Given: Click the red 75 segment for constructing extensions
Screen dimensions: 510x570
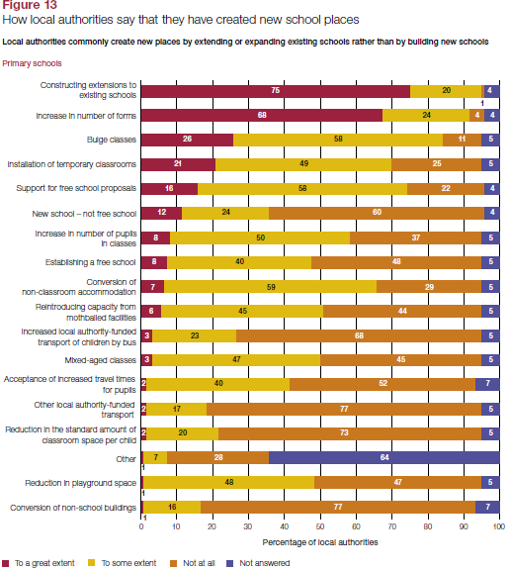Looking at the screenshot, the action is coord(276,91).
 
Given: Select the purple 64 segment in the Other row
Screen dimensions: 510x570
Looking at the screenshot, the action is coord(384,457).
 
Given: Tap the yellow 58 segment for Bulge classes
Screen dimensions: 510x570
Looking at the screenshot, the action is coord(338,140).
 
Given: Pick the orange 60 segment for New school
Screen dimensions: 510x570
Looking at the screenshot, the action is coord(377,213).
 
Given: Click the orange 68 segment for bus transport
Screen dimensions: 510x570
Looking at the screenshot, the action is coord(359,335).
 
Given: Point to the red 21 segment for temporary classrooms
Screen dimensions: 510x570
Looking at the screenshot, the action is coord(178,164).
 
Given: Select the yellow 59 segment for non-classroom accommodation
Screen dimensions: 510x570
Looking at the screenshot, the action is coord(271,287).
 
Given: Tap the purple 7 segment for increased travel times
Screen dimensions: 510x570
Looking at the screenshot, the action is coord(487,384).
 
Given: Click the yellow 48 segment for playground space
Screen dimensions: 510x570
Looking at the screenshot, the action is coord(228,482).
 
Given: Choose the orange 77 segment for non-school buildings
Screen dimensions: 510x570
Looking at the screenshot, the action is coord(338,507).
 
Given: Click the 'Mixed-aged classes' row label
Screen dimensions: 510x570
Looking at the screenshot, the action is coord(101,360).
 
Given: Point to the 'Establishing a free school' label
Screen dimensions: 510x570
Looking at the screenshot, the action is coord(90,262).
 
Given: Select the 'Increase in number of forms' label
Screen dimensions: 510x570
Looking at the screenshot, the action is coord(86,116).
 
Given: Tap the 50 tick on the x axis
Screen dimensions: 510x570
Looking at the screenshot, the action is coord(320,526).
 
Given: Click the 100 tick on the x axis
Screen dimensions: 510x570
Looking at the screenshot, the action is coord(499,526).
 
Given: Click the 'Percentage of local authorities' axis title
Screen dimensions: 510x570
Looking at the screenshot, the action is coord(320,542).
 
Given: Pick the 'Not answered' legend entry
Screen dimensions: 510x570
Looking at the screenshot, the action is coord(258,563).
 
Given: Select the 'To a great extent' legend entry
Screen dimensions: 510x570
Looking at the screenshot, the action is coord(39,563).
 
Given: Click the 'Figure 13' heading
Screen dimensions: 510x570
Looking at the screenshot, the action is coord(30,5).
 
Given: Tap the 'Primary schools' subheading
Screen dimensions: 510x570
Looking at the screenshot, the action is coord(32,63).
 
